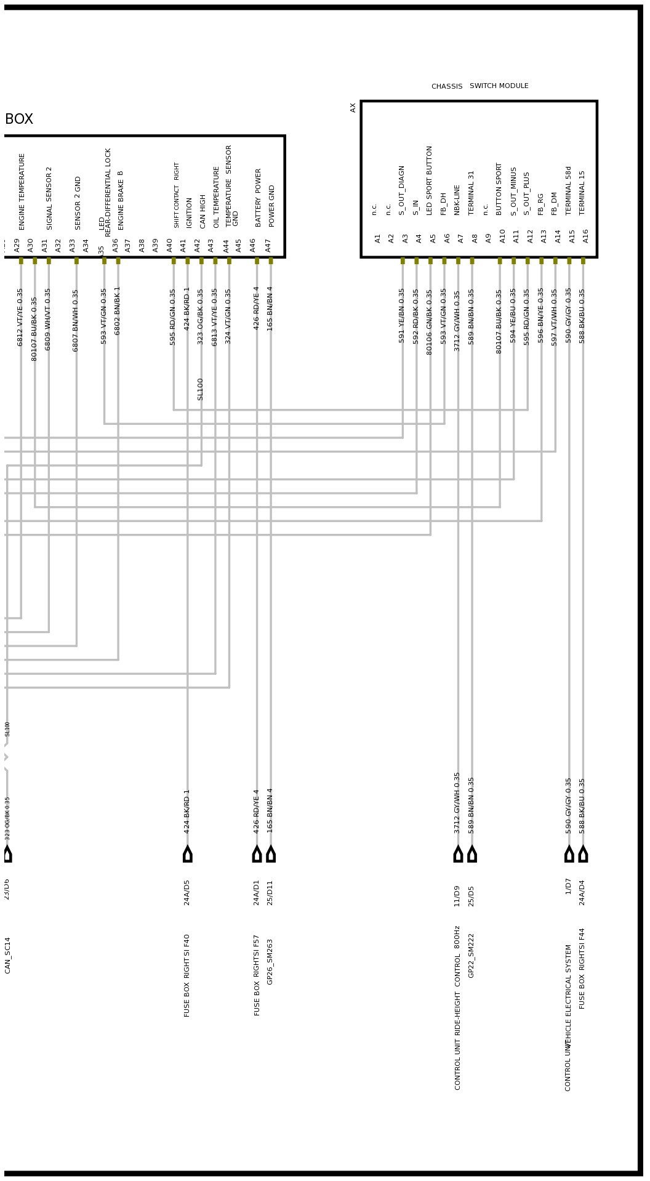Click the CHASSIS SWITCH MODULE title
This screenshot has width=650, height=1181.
[479, 86]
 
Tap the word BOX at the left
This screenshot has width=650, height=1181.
[19, 119]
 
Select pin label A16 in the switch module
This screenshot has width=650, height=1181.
[585, 235]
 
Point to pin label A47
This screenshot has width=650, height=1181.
[268, 245]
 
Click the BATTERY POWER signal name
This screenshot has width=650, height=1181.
[258, 197]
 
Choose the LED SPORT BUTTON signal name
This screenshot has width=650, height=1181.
[430, 180]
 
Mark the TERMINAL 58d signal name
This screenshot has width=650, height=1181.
[569, 190]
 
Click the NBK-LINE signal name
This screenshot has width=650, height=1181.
[457, 200]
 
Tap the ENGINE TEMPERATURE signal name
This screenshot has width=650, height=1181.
[22, 191]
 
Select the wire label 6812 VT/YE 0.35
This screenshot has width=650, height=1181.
[20, 317]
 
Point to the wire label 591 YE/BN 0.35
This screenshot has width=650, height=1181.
[402, 315]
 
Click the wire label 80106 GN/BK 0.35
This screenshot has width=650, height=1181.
[430, 322]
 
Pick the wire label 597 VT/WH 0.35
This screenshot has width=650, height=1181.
[555, 317]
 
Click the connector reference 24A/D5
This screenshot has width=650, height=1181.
[187, 892]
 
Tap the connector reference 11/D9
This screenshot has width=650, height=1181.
[457, 896]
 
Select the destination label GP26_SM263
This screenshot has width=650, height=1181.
[270, 962]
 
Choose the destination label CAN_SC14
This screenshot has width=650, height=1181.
[8, 955]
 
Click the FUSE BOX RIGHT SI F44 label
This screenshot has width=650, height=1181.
[582, 968]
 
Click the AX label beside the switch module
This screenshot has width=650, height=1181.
[353, 108]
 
